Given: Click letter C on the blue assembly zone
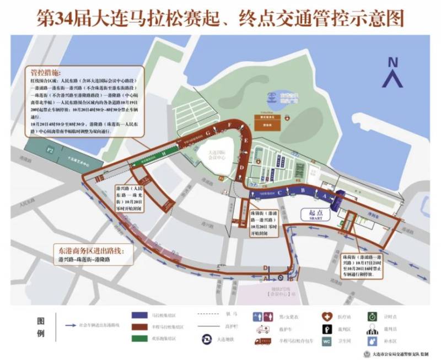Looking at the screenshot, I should [280, 192].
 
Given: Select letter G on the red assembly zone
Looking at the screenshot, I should [208, 133].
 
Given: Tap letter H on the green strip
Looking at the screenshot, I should [164, 153].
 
